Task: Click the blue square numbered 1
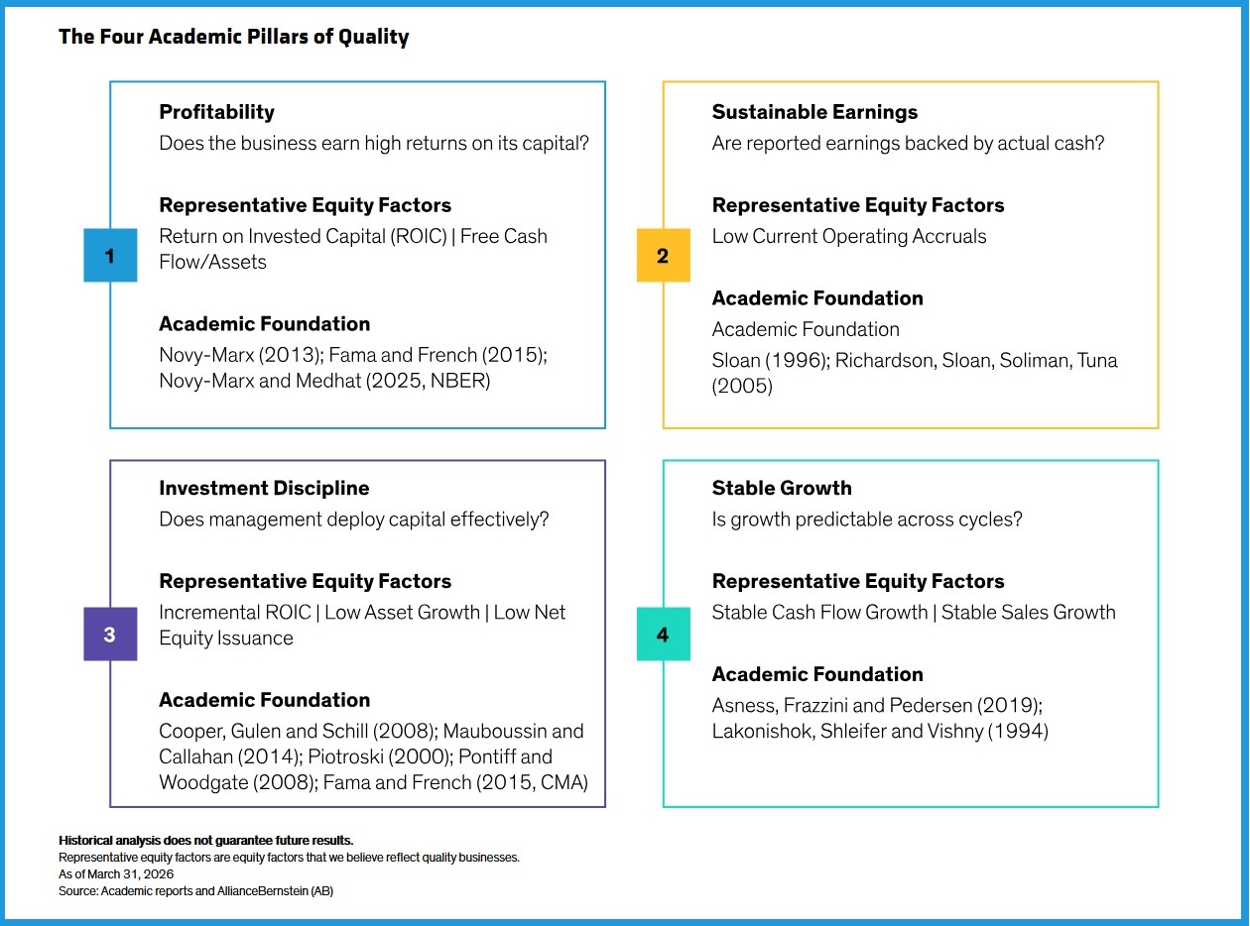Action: (110, 255)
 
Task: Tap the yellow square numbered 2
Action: (664, 255)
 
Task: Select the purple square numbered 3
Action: (110, 634)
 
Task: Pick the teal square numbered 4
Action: (664, 634)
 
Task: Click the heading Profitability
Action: (217, 112)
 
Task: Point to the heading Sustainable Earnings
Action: (814, 111)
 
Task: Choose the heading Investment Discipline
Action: (264, 488)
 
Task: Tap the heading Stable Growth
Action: (782, 488)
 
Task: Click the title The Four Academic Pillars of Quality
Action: (234, 37)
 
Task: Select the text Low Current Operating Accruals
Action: (849, 237)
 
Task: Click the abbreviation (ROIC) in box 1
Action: (419, 237)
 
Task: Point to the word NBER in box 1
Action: (456, 381)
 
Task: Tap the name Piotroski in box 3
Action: (345, 756)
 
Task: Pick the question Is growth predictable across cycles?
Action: (867, 520)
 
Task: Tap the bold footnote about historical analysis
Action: (206, 841)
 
